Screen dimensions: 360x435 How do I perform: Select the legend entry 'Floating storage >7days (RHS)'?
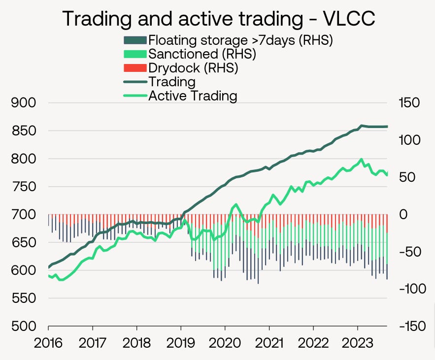240,40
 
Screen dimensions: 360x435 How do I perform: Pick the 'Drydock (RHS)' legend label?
193,67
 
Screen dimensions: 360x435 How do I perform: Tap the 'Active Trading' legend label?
193,95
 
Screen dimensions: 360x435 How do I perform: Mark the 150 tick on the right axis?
409,103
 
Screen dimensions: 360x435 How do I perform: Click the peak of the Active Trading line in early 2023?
362,160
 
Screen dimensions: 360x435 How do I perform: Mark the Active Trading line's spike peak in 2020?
236,204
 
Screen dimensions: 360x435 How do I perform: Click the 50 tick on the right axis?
406,177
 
